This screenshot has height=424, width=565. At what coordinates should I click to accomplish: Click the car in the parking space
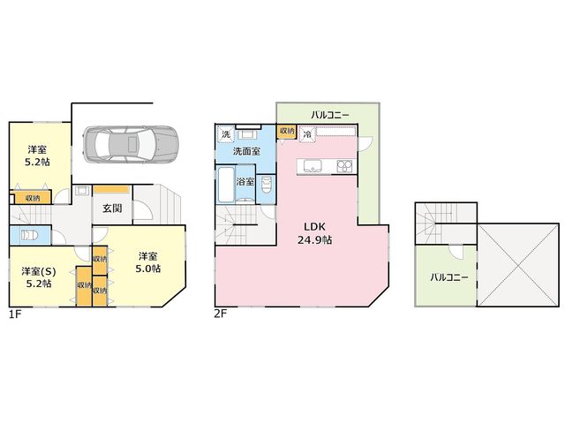[x=131, y=144]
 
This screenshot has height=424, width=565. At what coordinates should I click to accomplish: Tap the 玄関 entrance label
[x=112, y=208]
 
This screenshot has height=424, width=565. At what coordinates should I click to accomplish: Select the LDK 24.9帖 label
[x=314, y=233]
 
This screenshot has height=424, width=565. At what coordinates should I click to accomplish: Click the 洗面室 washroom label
[x=246, y=151]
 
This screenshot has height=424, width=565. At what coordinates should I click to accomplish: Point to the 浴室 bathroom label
[x=245, y=181]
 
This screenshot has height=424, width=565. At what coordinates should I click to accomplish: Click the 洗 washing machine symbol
[x=226, y=134]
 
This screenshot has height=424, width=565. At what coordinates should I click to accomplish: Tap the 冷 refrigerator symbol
[x=307, y=135]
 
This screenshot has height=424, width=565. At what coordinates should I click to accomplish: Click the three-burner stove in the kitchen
[x=345, y=166]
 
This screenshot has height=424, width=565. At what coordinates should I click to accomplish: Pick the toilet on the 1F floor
[x=30, y=236]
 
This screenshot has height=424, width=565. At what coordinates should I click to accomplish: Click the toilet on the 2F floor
[x=266, y=185]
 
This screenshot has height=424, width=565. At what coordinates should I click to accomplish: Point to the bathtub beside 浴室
[x=226, y=185]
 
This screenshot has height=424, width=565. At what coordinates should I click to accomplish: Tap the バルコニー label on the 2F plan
[x=330, y=115]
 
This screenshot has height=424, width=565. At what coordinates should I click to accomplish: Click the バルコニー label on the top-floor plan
[x=449, y=277]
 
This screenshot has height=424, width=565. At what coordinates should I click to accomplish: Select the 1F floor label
[x=15, y=314]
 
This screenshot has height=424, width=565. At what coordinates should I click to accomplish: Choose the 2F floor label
[x=221, y=314]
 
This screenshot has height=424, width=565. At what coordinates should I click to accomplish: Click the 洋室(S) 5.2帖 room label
[x=39, y=277]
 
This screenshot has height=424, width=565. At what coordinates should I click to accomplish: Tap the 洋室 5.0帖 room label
[x=147, y=262]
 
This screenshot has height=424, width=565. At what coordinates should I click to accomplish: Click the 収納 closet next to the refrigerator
[x=287, y=132]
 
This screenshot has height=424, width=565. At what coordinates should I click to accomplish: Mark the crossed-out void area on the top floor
[x=518, y=265]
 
